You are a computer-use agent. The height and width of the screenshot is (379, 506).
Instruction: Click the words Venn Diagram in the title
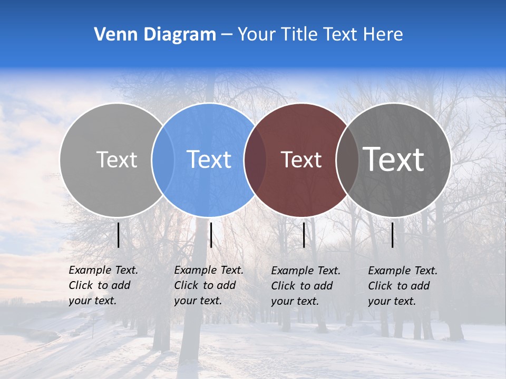pyautogui.click(x=155, y=35)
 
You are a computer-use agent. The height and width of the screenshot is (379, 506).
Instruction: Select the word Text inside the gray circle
pyautogui.click(x=116, y=159)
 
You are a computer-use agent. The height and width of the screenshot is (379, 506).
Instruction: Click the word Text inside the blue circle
pyautogui.click(x=209, y=159)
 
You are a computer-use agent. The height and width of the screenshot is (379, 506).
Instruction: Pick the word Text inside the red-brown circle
pyautogui.click(x=301, y=159)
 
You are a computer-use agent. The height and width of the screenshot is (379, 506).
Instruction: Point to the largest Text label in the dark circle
pyautogui.click(x=394, y=159)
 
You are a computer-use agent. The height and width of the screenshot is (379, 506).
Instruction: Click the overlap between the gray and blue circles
pyautogui.click(x=163, y=159)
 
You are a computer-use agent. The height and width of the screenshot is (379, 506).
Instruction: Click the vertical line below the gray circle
pyautogui.click(x=118, y=235)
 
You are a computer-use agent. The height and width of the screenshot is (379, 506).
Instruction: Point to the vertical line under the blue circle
pyautogui.click(x=211, y=235)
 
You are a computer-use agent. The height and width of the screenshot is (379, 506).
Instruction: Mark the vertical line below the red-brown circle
pyautogui.click(x=304, y=235)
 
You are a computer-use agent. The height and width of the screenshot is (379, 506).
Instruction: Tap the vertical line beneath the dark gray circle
pyautogui.click(x=393, y=235)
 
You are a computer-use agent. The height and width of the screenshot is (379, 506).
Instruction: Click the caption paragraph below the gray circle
pyautogui.click(x=103, y=285)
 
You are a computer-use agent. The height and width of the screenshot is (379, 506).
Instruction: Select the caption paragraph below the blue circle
pyautogui.click(x=209, y=285)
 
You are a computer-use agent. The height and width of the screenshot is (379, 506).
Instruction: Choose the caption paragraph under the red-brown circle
pyautogui.click(x=306, y=286)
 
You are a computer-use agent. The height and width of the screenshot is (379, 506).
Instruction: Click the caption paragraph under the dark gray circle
pyautogui.click(x=403, y=286)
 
